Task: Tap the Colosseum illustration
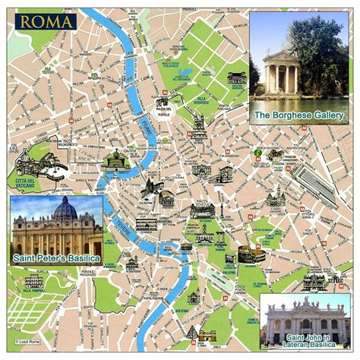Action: click(x=251, y=253)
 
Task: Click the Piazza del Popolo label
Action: click(x=163, y=112)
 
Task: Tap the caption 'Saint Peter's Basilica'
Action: click(x=56, y=259)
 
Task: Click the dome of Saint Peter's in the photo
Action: click(x=65, y=210)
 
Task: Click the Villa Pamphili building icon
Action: click(x=35, y=281)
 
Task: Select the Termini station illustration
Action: click(x=313, y=183)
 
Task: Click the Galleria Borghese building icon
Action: click(x=237, y=77)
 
